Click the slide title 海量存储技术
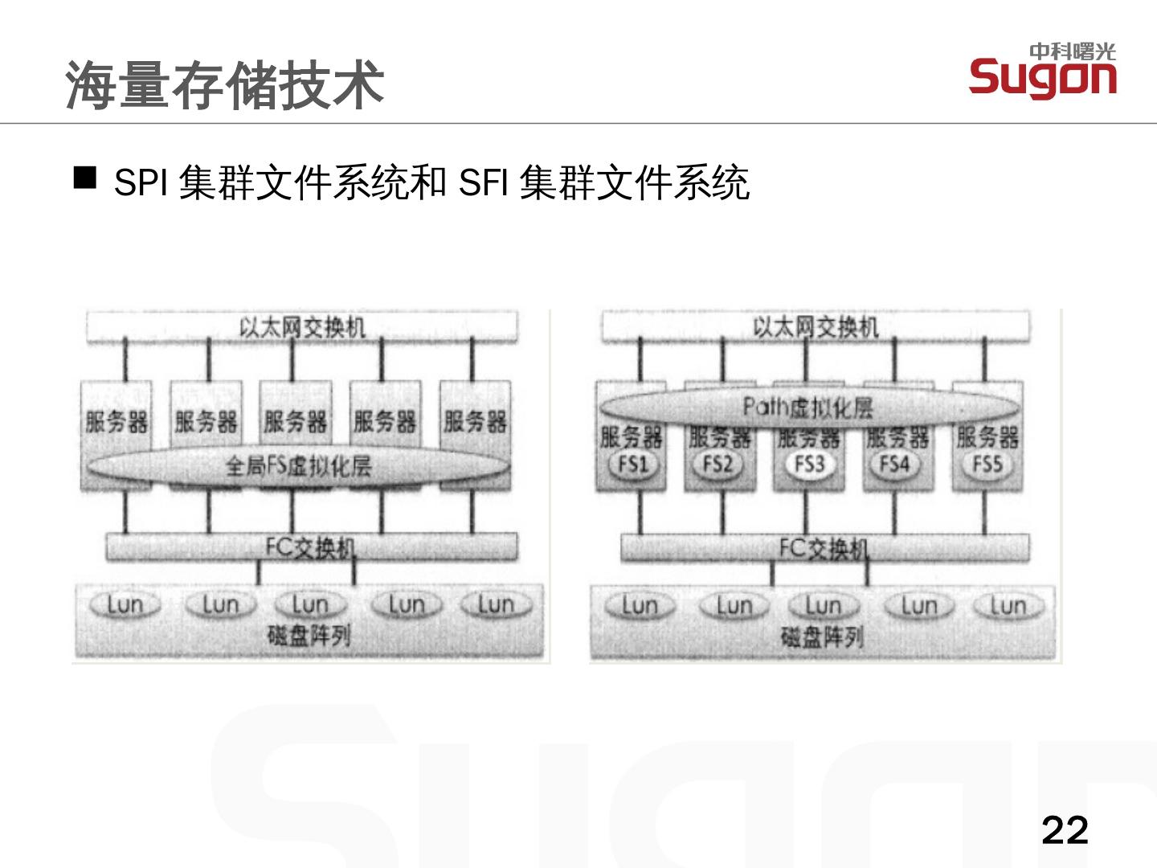224,84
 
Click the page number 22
1064,829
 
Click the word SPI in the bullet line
140,183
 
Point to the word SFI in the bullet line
481,183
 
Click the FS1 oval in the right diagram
632,465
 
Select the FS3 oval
808,465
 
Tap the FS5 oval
987,465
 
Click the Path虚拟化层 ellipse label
807,407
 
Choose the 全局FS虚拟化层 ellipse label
299,466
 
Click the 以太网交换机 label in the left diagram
302,327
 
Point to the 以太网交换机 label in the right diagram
816,327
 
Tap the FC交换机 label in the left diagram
310,548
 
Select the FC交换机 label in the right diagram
824,548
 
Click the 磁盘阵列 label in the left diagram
309,637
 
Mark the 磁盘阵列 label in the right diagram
822,637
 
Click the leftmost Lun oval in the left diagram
125,605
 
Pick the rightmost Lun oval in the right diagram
1008,606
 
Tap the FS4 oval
894,465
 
